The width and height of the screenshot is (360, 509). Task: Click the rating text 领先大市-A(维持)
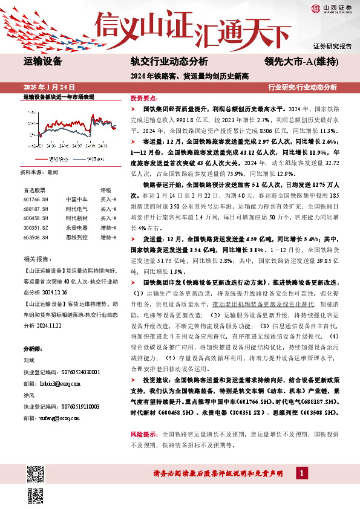pos(301,61)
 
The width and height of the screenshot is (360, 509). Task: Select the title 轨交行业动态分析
pos(169,61)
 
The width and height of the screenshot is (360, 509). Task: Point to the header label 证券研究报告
pos(332,46)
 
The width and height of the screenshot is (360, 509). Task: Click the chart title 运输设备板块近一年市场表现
pos(59,97)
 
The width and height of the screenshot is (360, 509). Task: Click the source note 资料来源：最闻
pos(41,172)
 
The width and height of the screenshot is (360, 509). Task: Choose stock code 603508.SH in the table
pos(35,238)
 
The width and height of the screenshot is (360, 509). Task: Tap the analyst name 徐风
pos(28,395)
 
